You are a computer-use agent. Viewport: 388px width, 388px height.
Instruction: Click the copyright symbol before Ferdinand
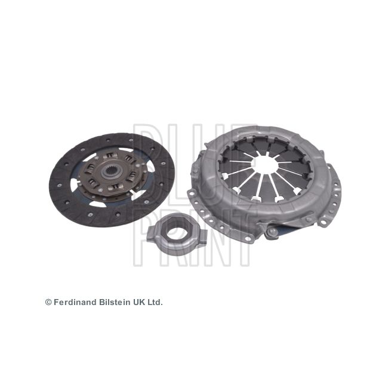coord(48,303)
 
